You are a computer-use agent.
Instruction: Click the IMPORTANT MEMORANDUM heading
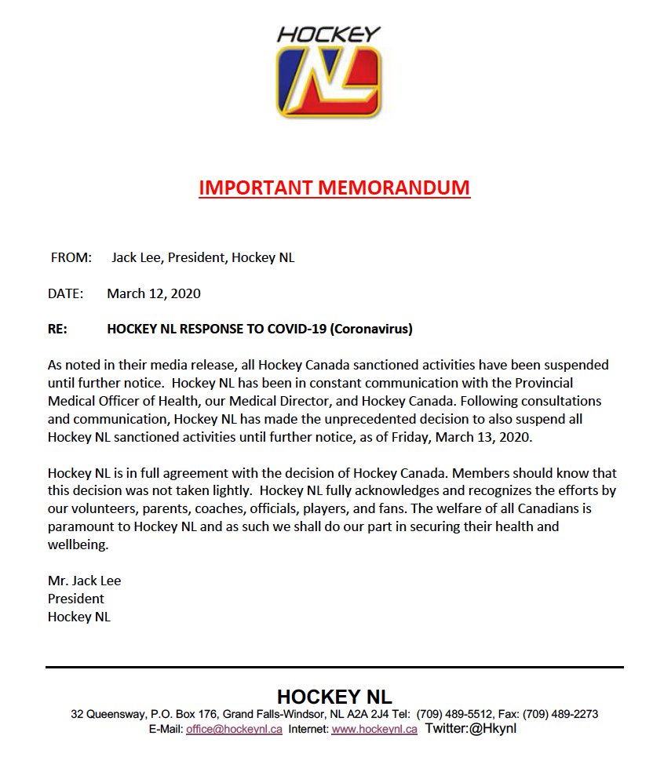tap(334, 188)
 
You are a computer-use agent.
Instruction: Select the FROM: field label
tap(71, 257)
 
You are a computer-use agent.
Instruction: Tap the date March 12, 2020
tap(154, 293)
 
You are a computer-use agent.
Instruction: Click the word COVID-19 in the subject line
tap(294, 330)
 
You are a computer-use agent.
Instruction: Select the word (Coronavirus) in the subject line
tap(370, 330)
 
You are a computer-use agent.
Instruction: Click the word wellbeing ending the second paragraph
tap(76, 544)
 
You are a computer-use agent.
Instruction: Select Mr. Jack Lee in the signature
tap(84, 581)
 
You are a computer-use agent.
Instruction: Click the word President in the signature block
tap(76, 599)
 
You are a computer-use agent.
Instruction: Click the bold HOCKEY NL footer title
tap(334, 697)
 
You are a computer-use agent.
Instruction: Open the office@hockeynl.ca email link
tap(234, 729)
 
